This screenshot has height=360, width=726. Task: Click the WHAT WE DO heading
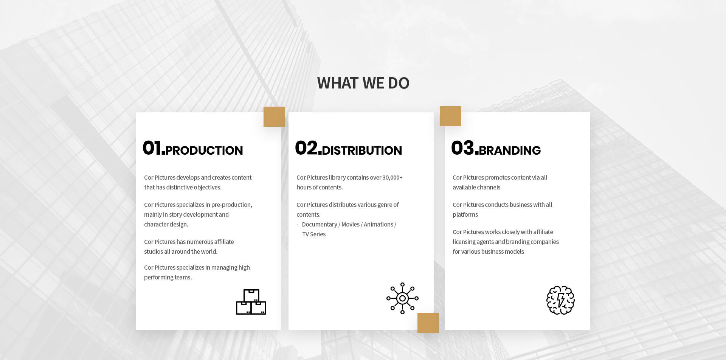[x=363, y=83]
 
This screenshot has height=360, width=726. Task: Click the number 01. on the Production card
[x=154, y=148]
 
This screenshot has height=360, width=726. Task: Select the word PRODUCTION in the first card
[x=204, y=151]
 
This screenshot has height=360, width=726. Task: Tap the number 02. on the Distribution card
[x=308, y=148]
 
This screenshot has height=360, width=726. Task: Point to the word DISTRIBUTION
[x=362, y=151]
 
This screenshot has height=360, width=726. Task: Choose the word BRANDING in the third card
[x=510, y=151]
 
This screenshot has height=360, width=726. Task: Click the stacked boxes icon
[x=251, y=302]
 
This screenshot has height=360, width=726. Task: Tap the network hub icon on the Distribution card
[x=402, y=298]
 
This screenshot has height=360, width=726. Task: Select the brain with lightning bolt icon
[x=560, y=300]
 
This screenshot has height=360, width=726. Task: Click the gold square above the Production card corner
[x=274, y=116]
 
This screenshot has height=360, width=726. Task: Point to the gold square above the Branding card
[x=450, y=116]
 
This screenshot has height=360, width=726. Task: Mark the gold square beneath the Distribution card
[x=428, y=323]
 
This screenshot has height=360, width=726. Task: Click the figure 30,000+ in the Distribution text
[x=392, y=177]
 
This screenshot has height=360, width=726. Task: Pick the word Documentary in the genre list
[x=320, y=224]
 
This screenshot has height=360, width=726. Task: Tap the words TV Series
[x=314, y=234]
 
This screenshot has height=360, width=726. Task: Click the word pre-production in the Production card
[x=231, y=205]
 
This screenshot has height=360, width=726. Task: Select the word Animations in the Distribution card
[x=379, y=224]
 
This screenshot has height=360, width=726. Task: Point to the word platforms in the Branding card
[x=465, y=214]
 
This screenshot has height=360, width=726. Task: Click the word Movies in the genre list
[x=351, y=224]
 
